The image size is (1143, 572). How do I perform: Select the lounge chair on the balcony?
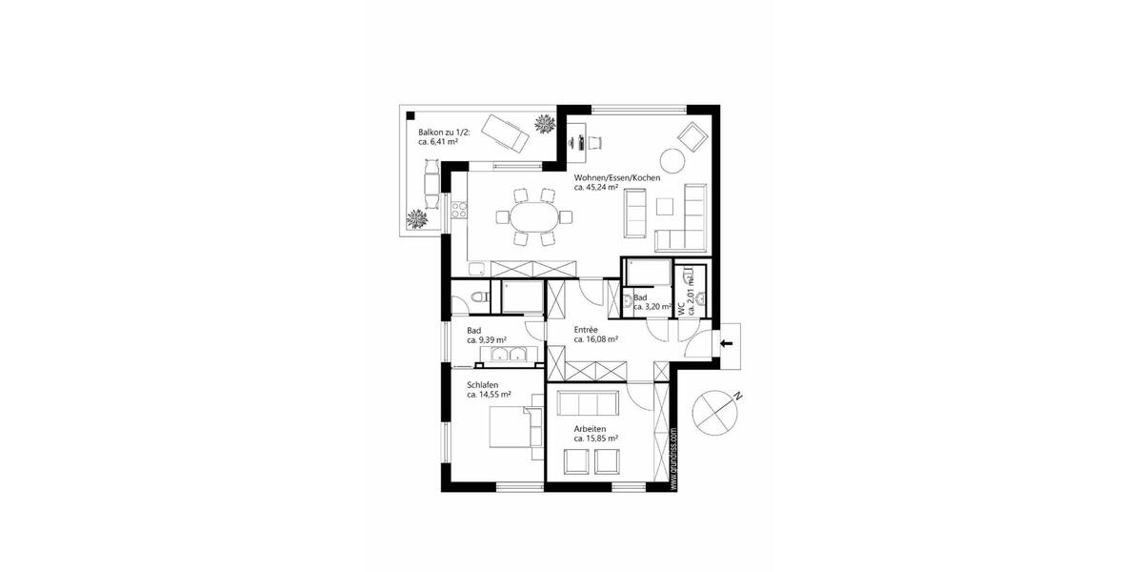(504, 133)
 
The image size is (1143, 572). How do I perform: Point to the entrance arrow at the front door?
(729, 342)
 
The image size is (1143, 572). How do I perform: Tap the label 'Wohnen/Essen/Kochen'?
(616, 178)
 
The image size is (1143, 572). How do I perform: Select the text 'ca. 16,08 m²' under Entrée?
(596, 339)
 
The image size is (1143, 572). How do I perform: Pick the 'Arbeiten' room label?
(592, 429)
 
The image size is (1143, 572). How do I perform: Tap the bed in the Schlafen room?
(512, 426)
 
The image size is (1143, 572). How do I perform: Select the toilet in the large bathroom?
(479, 298)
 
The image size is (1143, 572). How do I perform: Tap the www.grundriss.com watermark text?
(673, 459)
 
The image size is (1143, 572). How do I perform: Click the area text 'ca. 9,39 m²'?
(486, 339)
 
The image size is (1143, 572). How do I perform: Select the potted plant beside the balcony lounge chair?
(545, 123)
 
